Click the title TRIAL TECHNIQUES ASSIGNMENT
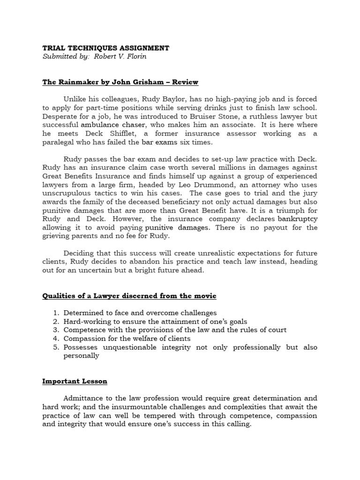[105, 48]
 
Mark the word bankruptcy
[297, 219]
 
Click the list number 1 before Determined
[55, 313]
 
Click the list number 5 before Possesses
[55, 347]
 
